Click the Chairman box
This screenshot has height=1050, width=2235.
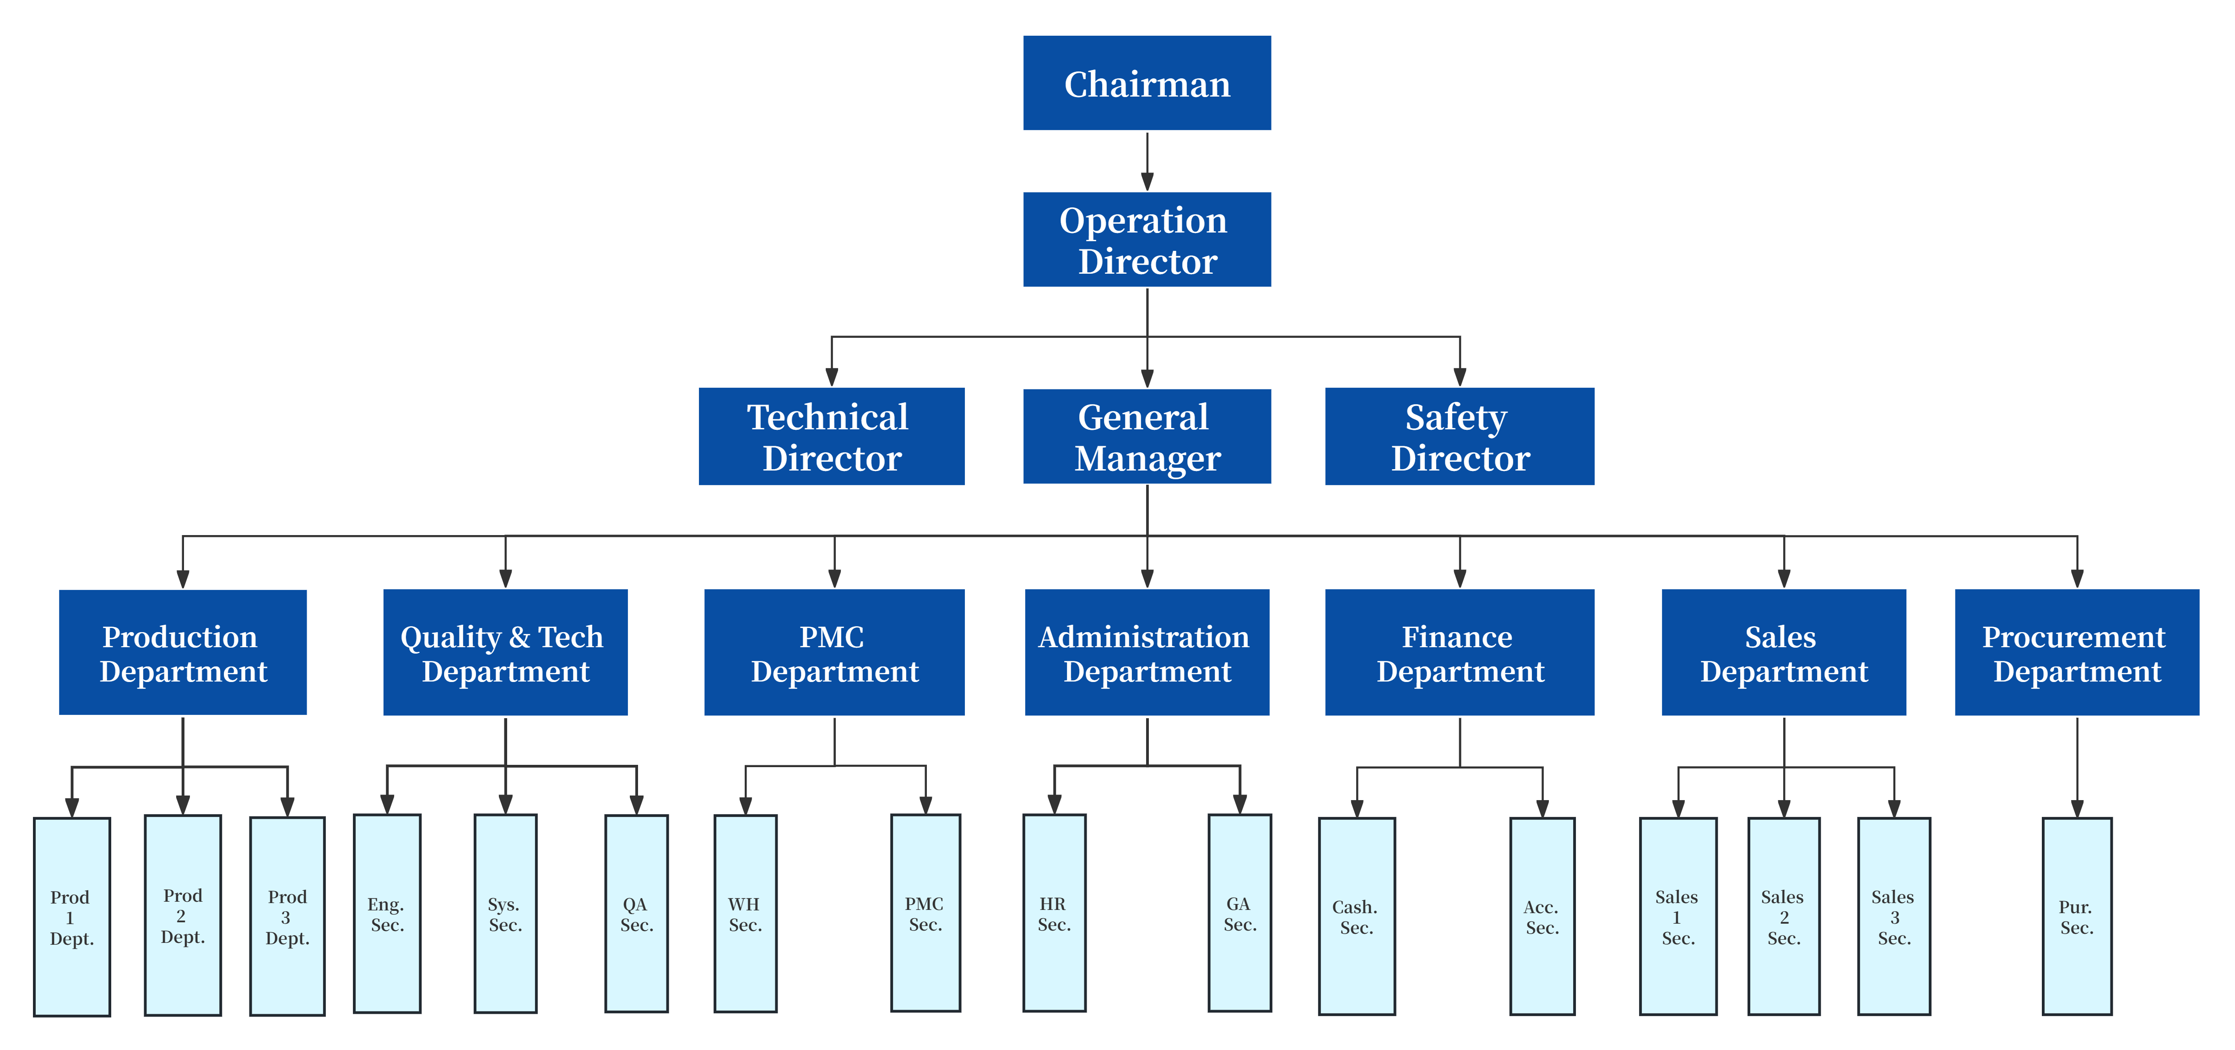point(1147,83)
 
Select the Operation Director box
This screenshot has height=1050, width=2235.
point(1147,239)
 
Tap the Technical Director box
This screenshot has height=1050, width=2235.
point(831,437)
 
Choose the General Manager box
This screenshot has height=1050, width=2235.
point(1147,437)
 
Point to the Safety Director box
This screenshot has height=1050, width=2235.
point(1459,437)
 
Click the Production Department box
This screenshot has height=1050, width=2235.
point(183,653)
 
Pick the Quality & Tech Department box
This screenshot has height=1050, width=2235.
point(505,653)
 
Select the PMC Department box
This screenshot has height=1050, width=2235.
point(834,653)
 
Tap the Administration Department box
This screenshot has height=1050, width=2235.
point(1147,653)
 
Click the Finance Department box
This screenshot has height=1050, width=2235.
point(1459,653)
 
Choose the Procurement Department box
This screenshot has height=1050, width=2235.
point(2077,653)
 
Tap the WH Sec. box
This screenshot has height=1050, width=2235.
point(745,914)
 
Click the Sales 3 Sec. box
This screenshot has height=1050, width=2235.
point(1894,916)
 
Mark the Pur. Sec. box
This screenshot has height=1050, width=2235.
point(2077,916)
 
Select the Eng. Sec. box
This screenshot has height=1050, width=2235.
point(387,914)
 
